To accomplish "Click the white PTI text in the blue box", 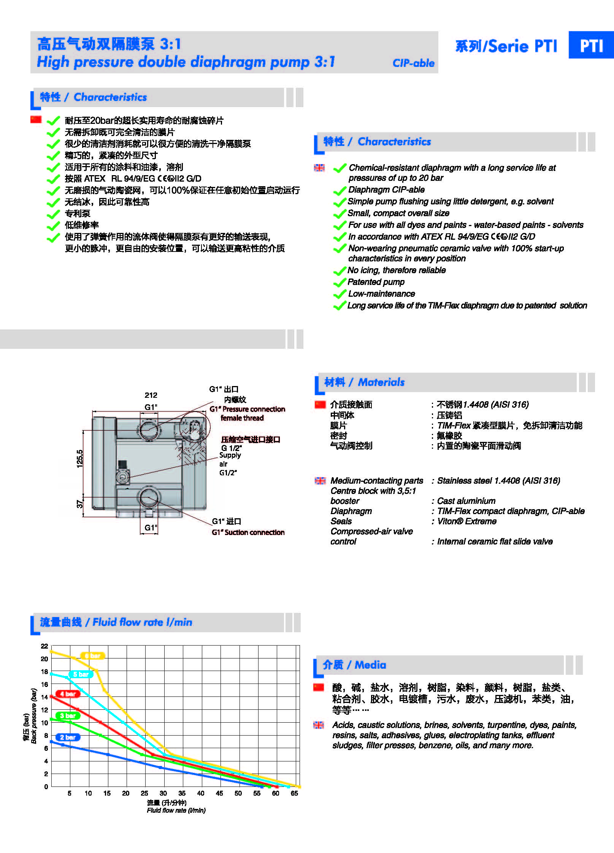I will click(591, 46).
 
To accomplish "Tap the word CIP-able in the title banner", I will click(413, 63).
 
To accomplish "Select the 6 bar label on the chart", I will click(92, 655).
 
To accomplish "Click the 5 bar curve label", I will click(81, 674).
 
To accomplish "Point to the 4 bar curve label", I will click(68, 694).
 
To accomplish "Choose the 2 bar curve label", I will click(68, 737).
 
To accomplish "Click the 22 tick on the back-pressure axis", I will click(44, 646).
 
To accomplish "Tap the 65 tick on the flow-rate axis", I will click(294, 793).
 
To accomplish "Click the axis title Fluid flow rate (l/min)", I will click(176, 810).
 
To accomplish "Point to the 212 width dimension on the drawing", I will click(151, 395).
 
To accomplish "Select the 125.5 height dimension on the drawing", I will click(80, 459).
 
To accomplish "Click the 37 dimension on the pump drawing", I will click(80, 504).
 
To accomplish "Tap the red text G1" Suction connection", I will click(248, 532).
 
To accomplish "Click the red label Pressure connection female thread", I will click(247, 413).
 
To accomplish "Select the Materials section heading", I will click(364, 382).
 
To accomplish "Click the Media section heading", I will click(354, 665).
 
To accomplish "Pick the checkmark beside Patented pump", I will click(339, 283).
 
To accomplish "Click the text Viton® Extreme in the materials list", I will click(466, 521).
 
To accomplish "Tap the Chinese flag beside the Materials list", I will click(320, 405).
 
